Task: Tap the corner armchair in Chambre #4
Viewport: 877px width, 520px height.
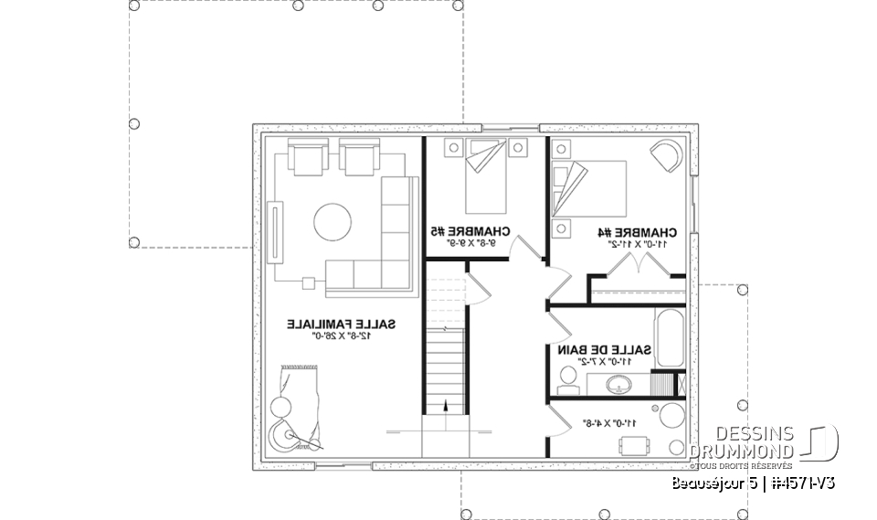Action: (x=667, y=154)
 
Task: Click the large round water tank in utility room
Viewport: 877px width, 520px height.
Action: (x=674, y=413)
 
